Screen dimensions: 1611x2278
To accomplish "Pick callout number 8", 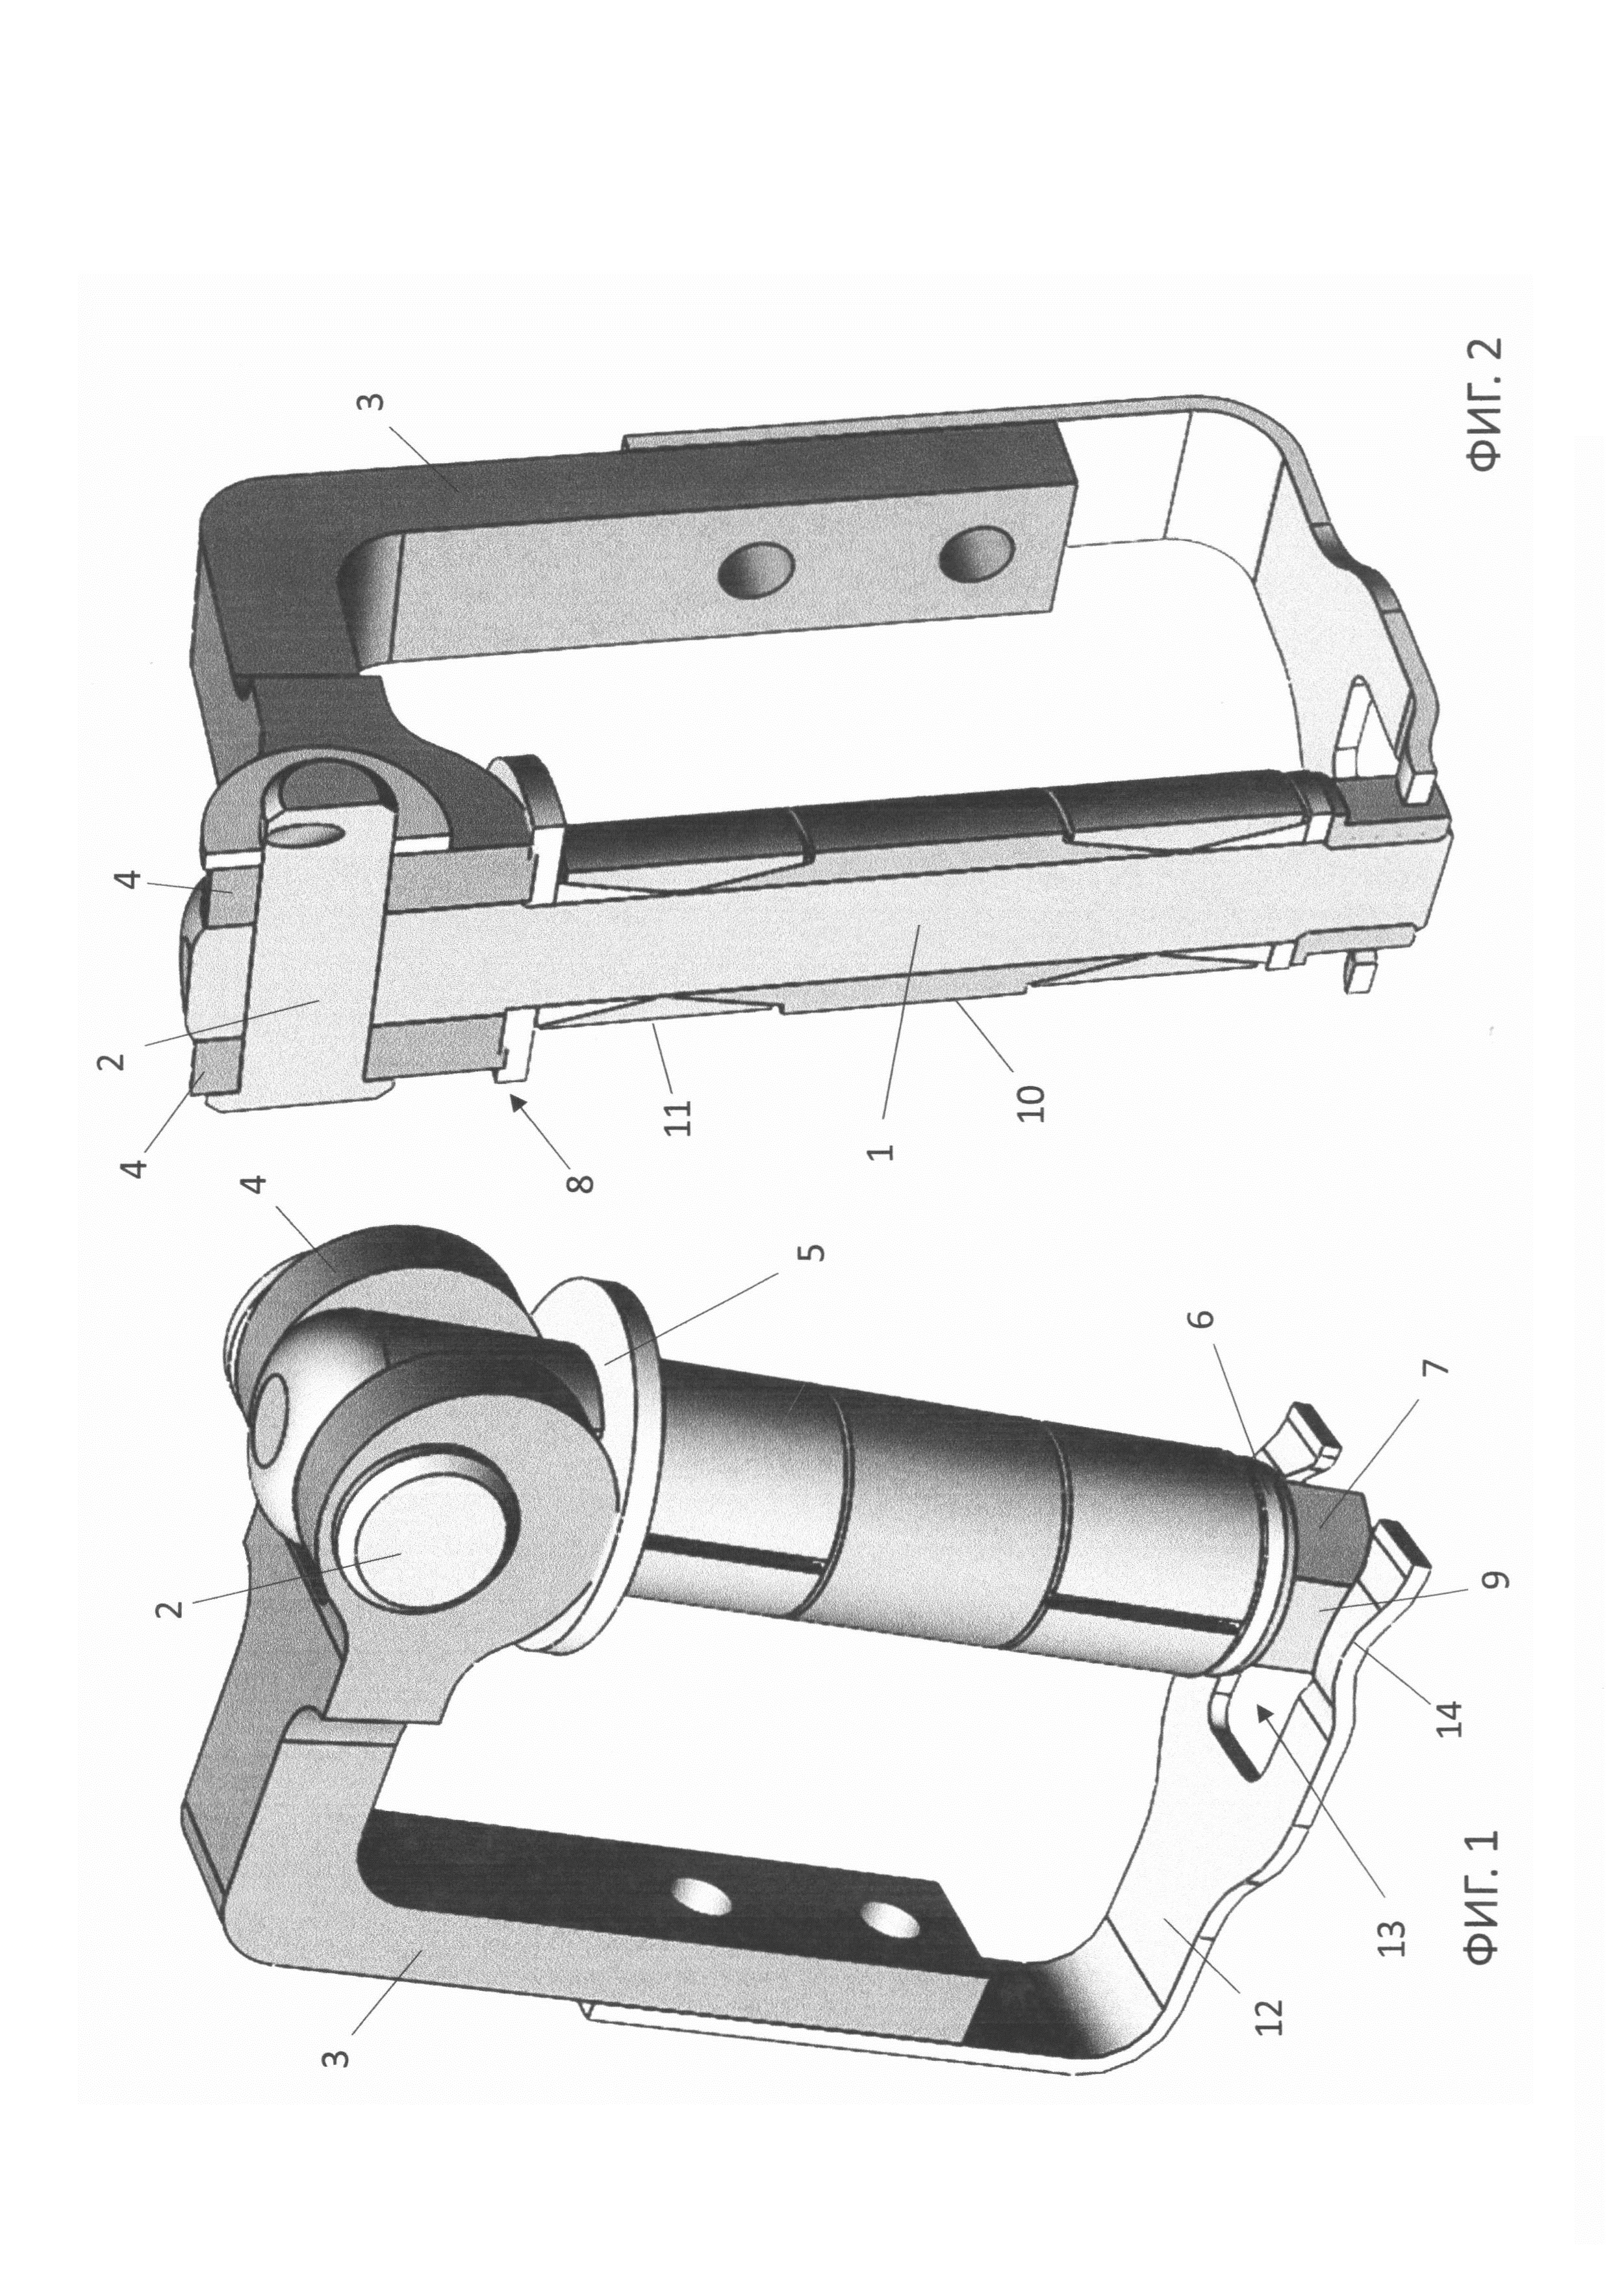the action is [x=582, y=1183].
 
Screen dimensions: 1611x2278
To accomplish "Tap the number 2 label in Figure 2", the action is [x=115, y=1059].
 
